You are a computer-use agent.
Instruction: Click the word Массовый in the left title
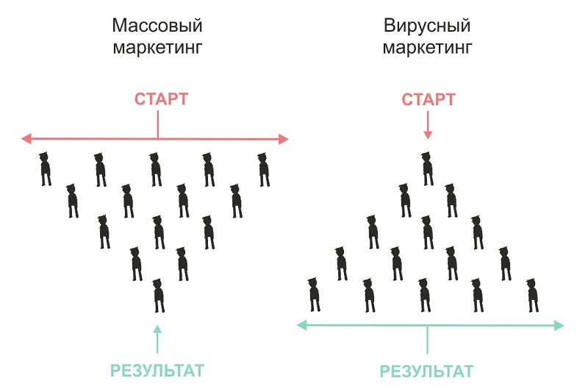157,26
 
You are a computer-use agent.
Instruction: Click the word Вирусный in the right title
427,26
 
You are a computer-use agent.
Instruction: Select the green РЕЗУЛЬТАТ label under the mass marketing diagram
157,370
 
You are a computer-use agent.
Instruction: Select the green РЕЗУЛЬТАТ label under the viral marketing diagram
427,371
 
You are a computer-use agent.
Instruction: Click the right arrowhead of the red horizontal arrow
284,138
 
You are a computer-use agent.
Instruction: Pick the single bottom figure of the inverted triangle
158,296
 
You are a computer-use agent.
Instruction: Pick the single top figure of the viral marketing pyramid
427,168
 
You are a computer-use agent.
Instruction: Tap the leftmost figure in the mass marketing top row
46,168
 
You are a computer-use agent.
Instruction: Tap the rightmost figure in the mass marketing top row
263,169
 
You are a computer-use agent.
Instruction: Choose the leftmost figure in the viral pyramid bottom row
315,294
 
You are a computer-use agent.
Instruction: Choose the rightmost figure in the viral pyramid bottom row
533,295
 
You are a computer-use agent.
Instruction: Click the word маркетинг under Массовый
157,49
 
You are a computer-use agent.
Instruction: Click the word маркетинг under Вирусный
427,49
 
